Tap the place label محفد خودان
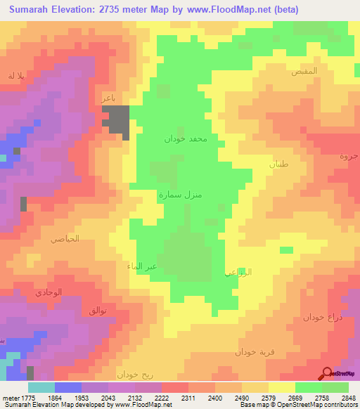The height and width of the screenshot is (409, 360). [x=186, y=139]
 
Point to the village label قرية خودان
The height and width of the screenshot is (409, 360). [x=254, y=351]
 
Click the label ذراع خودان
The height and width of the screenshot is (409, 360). [x=323, y=317]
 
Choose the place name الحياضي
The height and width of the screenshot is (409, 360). [x=65, y=239]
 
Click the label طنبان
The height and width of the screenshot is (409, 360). [x=278, y=163]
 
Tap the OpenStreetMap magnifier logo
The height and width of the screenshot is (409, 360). [x=327, y=374]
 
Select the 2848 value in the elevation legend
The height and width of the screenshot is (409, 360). [x=347, y=398]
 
